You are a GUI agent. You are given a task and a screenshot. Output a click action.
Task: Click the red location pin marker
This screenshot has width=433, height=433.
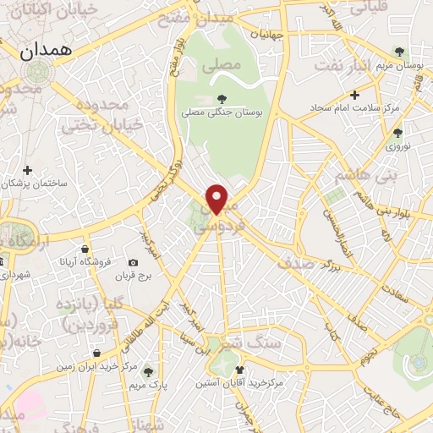point(217,199)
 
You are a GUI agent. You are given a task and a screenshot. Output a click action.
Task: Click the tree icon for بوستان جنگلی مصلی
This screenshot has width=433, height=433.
point(222,99)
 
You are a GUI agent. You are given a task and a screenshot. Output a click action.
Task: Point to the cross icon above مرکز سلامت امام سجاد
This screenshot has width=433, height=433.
point(354,95)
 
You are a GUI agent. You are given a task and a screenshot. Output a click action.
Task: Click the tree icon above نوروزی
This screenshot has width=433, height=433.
point(397,132)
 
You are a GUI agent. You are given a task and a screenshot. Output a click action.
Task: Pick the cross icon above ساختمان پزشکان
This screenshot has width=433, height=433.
point(28,170)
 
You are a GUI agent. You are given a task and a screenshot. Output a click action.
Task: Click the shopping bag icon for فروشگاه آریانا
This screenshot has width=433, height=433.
point(85,249)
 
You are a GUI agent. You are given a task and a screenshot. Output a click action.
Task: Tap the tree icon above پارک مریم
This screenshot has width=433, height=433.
point(148,370)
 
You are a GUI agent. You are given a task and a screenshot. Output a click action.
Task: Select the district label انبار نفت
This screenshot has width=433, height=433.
point(343,63)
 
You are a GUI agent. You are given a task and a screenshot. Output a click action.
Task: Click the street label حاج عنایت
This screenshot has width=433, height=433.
point(381,397)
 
